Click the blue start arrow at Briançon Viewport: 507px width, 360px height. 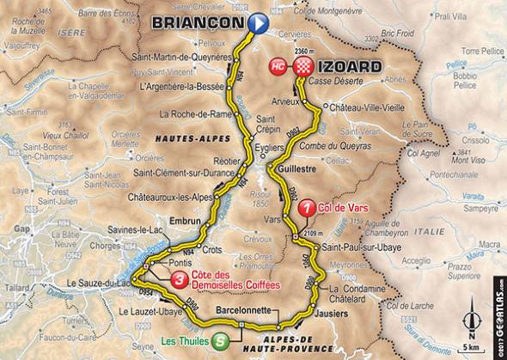pyautogui.click(x=260, y=24)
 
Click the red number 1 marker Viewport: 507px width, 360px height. pyautogui.click(x=306, y=207)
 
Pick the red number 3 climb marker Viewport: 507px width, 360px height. pyautogui.click(x=178, y=278)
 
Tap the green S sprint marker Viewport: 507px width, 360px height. pyautogui.click(x=221, y=339)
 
